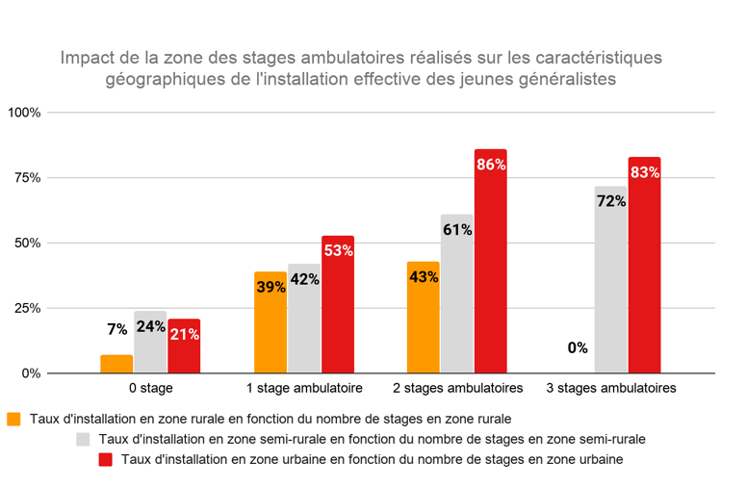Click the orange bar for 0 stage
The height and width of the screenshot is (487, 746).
click(116, 364)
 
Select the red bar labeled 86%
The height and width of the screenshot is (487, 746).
click(490, 261)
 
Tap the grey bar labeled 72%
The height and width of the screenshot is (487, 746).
click(610, 279)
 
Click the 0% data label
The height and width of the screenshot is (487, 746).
click(578, 348)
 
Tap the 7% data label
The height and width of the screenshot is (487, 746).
click(117, 329)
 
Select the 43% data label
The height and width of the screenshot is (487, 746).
click(424, 276)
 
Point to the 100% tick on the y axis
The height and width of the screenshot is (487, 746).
click(24, 113)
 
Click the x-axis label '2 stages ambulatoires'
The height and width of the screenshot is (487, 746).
click(457, 388)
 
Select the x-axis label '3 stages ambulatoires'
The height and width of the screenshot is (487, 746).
click(611, 388)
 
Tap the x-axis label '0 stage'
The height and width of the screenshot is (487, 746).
click(150, 388)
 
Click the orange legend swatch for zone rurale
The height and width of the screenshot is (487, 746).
click(13, 419)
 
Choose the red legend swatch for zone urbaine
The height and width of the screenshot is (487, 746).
click(107, 459)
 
